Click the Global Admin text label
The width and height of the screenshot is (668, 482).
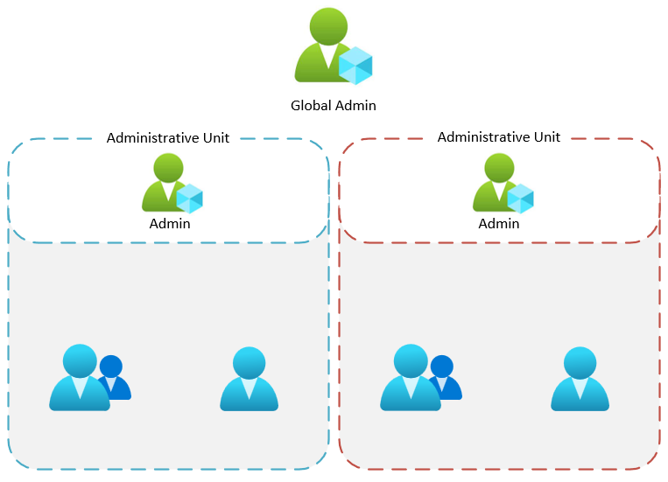[333, 106]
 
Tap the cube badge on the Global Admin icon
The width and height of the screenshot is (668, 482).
[356, 66]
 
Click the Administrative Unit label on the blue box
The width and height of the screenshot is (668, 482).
[168, 137]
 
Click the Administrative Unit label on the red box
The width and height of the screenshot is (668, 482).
[499, 137]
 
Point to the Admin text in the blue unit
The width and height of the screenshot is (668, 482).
[170, 224]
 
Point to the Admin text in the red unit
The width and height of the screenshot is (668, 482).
[499, 224]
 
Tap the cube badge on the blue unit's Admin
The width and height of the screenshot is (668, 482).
[189, 199]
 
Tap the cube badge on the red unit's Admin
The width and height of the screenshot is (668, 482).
[520, 199]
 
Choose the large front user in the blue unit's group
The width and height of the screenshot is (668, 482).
[79, 380]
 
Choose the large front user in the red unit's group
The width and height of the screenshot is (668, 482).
[410, 380]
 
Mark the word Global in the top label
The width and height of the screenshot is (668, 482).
[312, 106]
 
